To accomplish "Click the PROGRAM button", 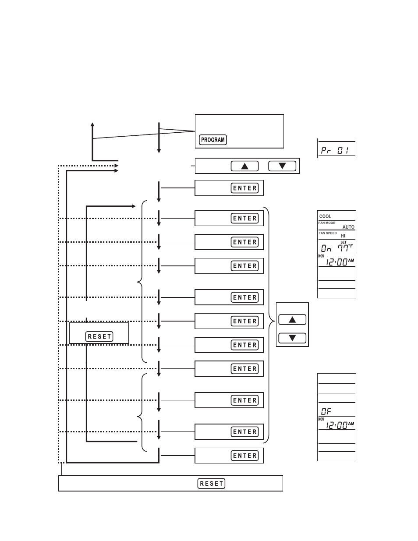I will coord(213,140).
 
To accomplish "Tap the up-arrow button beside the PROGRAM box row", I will coord(245,166).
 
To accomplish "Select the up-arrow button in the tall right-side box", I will coord(292,320).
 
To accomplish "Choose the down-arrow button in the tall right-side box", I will coord(292,338).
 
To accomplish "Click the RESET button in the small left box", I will coord(99,336).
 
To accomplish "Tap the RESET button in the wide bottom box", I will coord(211,484).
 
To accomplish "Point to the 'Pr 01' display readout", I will coord(335,150).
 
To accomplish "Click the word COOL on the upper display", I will coord(326,216).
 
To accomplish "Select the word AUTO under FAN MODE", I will coord(348,227).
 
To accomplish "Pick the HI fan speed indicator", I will coord(343,236).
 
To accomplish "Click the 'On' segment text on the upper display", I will coord(326,248).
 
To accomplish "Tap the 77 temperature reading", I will coord(342,248).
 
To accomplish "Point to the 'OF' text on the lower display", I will coord(326,411).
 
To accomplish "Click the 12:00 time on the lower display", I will coord(337,424).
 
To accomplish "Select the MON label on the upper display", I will coord(321,256).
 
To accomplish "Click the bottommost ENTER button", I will coord(245,456).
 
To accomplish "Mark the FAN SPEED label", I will coord(328,233).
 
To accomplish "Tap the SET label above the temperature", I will coord(344,242).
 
